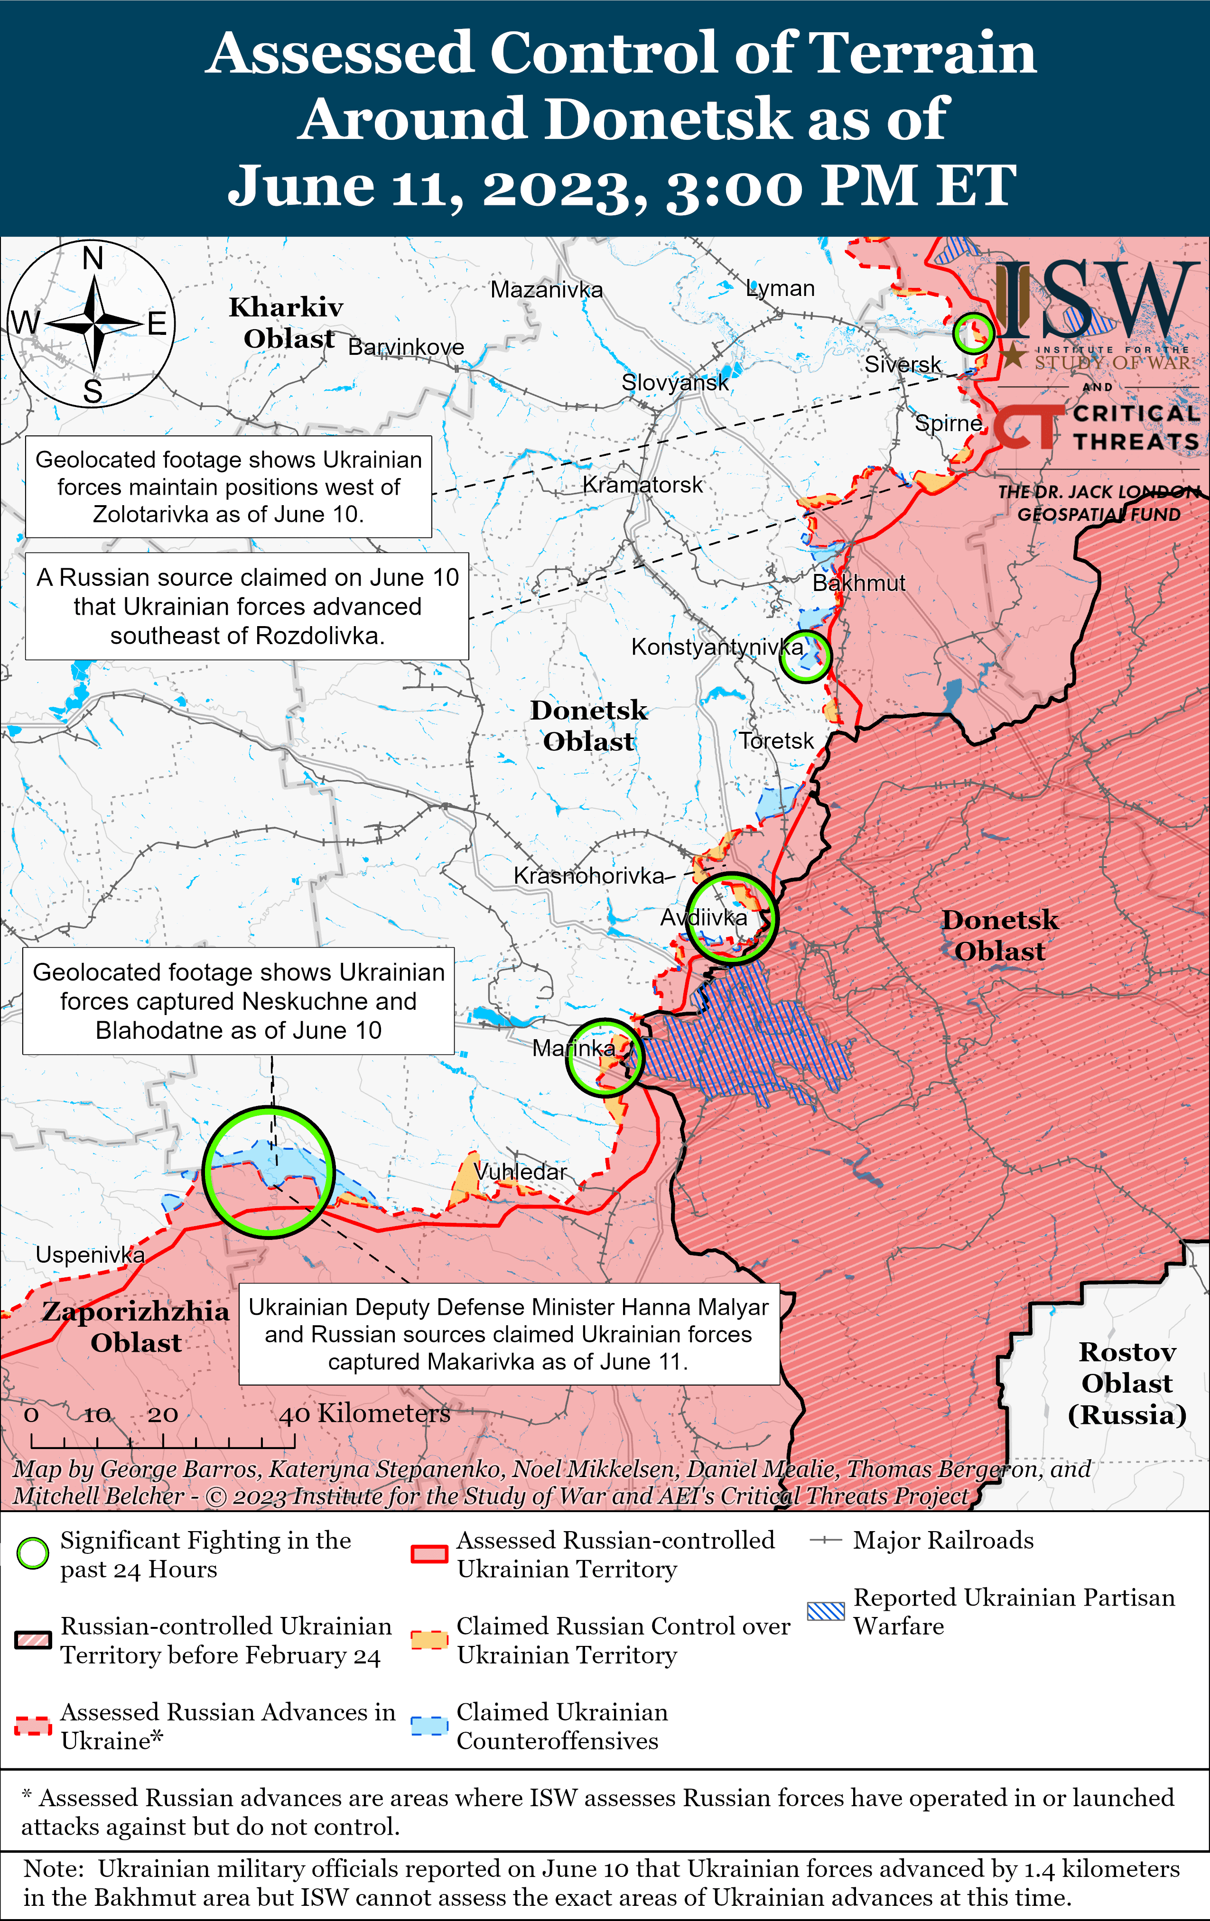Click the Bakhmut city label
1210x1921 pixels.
point(859,583)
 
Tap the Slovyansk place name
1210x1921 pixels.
point(675,382)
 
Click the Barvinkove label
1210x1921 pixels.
point(406,347)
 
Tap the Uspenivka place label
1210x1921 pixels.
point(90,1255)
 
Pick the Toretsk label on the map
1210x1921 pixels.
point(776,741)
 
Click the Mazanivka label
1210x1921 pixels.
point(547,290)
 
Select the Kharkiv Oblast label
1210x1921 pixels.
point(287,322)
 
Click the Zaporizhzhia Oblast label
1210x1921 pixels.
point(136,1327)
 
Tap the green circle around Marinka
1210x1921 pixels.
point(604,1056)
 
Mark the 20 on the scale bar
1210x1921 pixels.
point(163,1414)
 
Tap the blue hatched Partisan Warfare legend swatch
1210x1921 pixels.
point(825,1611)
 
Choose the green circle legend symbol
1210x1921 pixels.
point(33,1553)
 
